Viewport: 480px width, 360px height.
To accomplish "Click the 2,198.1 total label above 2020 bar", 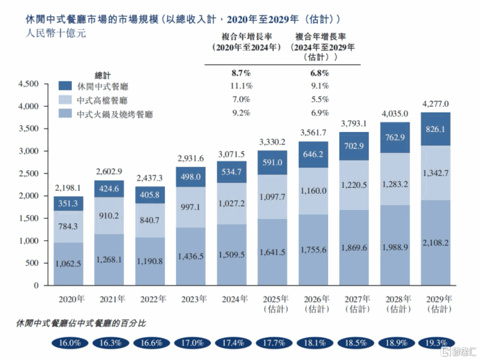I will pyautogui.click(x=68, y=188).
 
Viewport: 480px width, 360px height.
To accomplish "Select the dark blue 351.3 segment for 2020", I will pyautogui.click(x=68, y=204).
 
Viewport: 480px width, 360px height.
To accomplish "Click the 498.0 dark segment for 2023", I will pyautogui.click(x=191, y=177).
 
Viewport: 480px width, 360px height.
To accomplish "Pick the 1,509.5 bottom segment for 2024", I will pyautogui.click(x=232, y=254).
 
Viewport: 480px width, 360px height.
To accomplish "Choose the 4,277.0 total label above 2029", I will pyautogui.click(x=435, y=104).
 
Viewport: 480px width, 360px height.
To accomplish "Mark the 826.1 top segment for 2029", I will pyautogui.click(x=435, y=128).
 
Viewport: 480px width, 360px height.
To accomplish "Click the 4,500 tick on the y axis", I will pyautogui.click(x=29, y=84).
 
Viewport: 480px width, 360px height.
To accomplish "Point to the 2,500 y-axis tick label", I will pyautogui.click(x=29, y=173).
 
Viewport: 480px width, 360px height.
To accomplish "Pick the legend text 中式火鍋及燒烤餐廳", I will pyautogui.click(x=115, y=114).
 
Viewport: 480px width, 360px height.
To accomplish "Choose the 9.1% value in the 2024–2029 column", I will pyautogui.click(x=319, y=85).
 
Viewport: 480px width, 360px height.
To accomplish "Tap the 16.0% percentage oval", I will pyautogui.click(x=70, y=343).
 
